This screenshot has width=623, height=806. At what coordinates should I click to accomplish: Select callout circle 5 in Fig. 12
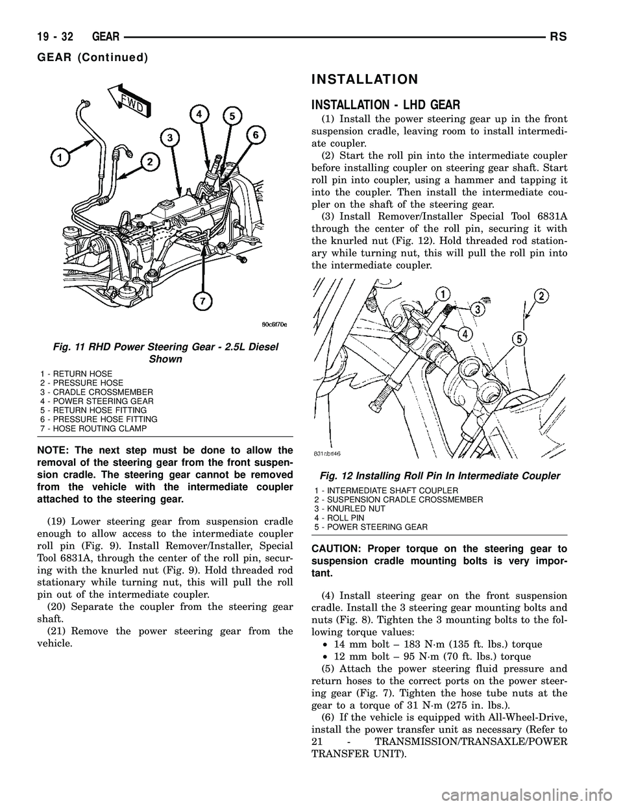pyautogui.click(x=519, y=339)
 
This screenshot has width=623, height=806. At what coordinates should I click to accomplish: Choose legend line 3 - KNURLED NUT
pyautogui.click(x=349, y=509)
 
